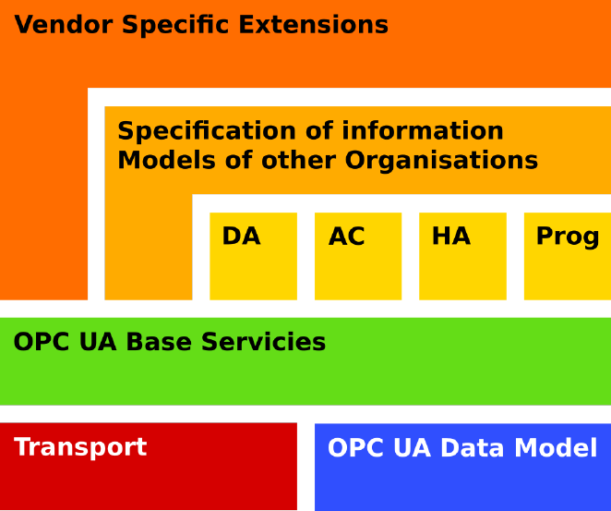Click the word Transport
[80, 447]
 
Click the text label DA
[241, 237]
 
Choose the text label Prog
[567, 237]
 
